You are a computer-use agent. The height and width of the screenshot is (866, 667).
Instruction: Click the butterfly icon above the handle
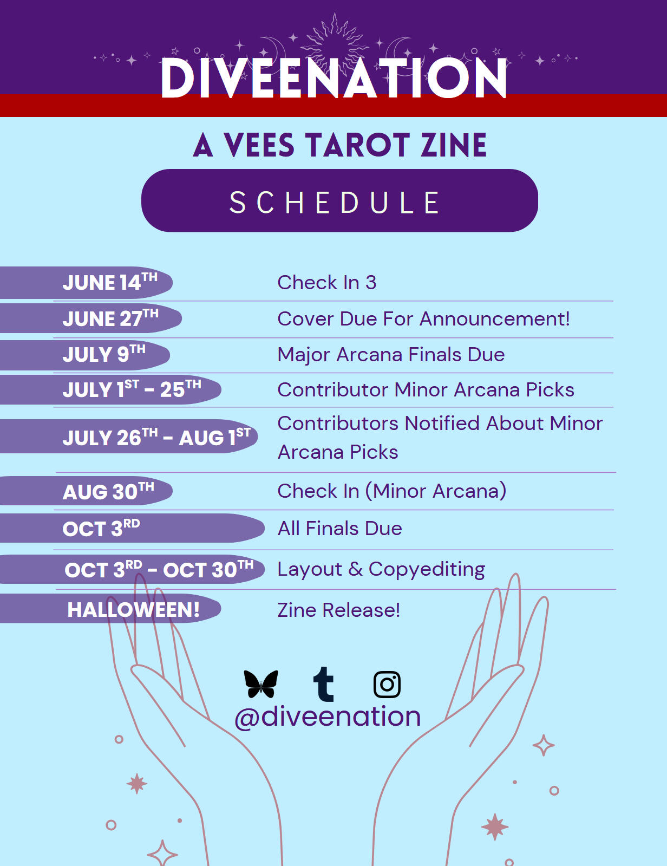(x=261, y=684)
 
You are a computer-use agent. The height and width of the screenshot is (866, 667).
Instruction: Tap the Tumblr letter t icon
(x=323, y=684)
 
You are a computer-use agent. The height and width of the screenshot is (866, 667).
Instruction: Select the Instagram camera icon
(x=387, y=685)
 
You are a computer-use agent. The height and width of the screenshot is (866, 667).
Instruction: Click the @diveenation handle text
(x=328, y=717)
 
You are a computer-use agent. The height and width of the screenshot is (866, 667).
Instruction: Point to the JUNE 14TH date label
(x=110, y=282)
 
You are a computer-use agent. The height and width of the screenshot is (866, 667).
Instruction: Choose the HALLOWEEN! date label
(x=133, y=610)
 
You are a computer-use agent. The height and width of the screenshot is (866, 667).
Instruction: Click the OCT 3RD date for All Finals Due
(x=101, y=528)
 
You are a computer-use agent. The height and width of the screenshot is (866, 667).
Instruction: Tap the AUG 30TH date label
(x=108, y=491)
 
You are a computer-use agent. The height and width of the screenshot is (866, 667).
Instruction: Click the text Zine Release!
(x=338, y=610)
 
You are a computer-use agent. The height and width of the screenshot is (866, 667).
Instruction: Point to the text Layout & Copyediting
(x=381, y=569)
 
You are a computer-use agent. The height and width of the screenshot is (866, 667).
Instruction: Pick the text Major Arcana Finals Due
(x=391, y=355)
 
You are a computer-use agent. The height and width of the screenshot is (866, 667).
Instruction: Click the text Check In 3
(x=326, y=283)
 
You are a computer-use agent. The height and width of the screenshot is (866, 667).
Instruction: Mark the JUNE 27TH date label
(x=110, y=318)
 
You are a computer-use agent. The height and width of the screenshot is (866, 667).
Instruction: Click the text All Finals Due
(x=339, y=529)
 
